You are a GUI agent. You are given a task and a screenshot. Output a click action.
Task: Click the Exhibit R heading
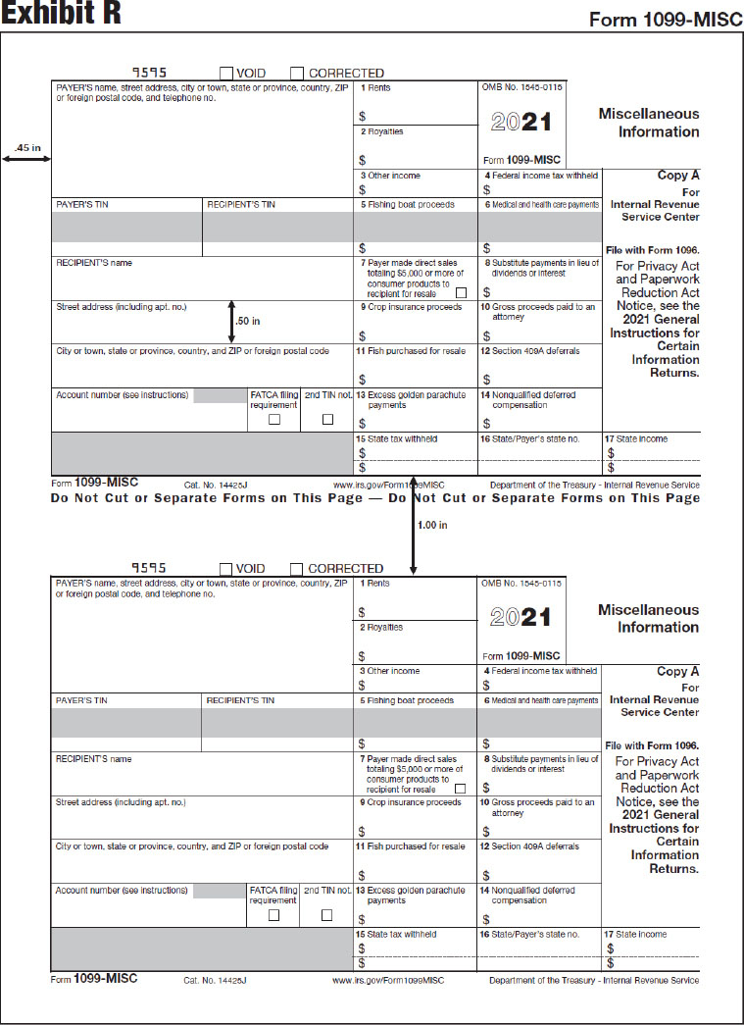61,14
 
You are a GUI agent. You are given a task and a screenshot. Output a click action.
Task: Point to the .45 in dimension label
26,148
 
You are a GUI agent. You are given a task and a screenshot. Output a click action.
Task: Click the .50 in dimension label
248,320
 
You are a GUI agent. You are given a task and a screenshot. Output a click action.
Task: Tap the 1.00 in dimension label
432,525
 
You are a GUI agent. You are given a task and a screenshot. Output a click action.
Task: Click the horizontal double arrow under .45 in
26,159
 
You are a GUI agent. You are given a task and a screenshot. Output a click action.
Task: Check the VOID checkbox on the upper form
226,73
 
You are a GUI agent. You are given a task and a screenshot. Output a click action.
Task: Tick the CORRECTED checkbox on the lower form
297,568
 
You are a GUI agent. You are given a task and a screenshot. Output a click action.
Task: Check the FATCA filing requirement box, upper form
274,420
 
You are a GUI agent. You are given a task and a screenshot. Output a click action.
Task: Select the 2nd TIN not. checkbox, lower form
327,914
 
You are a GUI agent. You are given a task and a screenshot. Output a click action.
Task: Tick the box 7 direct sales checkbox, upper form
460,293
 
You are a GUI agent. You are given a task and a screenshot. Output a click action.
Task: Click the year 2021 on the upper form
521,122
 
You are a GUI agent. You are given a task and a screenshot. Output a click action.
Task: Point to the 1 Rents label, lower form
375,583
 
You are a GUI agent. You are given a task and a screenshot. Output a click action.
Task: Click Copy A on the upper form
678,176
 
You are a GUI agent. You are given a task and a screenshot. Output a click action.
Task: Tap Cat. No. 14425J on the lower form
215,980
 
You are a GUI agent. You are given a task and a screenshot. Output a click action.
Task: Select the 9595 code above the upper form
150,73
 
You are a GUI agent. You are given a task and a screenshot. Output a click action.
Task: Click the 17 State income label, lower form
636,934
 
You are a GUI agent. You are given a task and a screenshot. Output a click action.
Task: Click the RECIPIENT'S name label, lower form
94,758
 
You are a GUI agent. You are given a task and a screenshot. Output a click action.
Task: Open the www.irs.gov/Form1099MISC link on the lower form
388,980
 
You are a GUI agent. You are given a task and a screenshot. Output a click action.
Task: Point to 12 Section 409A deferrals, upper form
530,350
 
